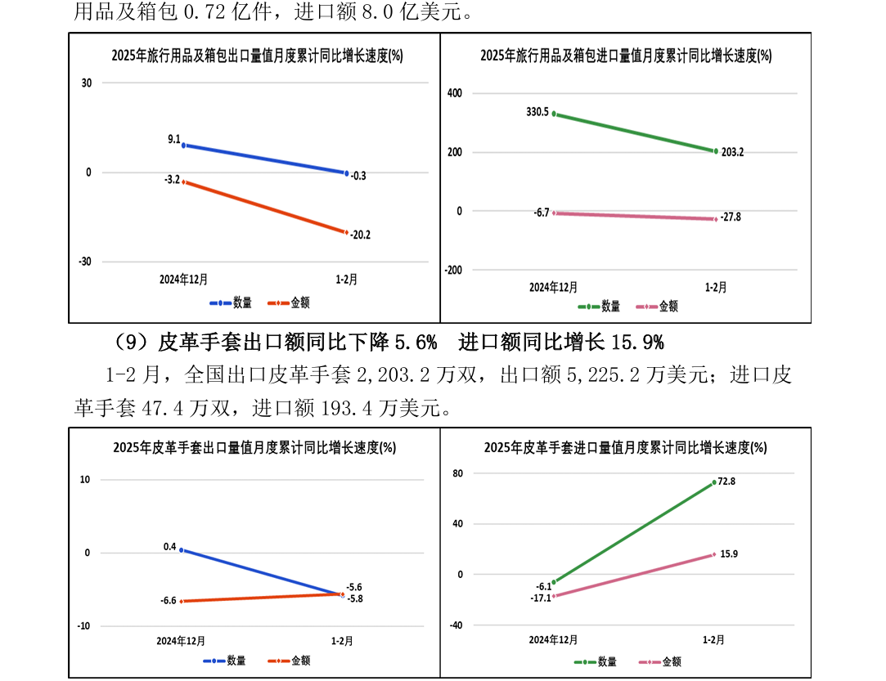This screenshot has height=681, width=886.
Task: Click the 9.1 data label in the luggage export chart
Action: tap(174, 140)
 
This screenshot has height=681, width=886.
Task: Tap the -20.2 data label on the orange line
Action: tap(360, 235)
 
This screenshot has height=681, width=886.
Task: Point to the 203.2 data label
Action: tap(733, 152)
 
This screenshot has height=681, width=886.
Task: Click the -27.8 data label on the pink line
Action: tap(731, 217)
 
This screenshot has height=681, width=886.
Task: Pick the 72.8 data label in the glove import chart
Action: tap(726, 482)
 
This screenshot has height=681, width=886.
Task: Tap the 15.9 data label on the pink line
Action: tap(727, 554)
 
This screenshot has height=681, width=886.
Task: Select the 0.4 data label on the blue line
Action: tap(170, 546)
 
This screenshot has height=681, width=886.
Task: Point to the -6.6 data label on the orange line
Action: tap(169, 600)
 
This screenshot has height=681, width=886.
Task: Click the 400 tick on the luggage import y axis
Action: tap(454, 93)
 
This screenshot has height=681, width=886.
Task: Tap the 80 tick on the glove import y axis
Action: tap(458, 473)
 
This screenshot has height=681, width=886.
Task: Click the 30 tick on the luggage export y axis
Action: tap(86, 83)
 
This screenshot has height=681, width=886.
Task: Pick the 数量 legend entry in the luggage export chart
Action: tap(241, 302)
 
